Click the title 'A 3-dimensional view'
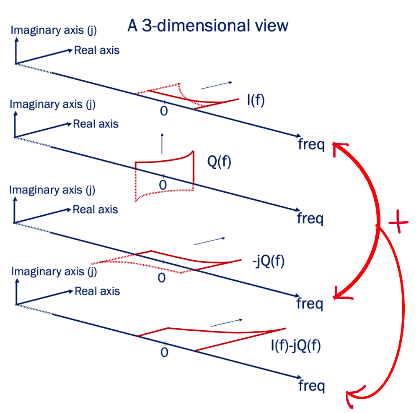207,26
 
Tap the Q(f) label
219,162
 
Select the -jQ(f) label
268,261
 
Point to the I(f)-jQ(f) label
296,347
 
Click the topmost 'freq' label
311,145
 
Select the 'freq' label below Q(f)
310,219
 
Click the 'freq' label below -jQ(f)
310,303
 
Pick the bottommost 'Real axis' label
97,291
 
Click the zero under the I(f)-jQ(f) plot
164,352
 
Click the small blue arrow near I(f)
217,86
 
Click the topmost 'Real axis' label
97,51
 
